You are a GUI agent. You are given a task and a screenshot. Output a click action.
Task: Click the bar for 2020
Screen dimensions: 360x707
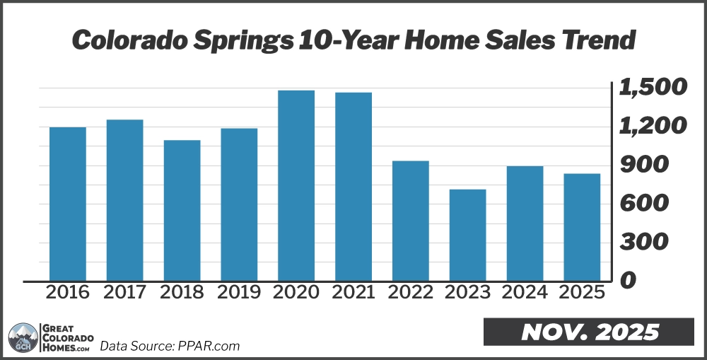[x=296, y=185]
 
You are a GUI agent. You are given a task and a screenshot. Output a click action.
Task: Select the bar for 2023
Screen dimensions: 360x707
[x=467, y=235]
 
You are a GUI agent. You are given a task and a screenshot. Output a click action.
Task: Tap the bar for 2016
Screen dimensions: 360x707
[x=68, y=204]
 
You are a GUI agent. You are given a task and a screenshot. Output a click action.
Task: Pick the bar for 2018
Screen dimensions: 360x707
[x=182, y=210]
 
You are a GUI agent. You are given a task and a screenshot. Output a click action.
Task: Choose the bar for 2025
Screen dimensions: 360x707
[x=582, y=227]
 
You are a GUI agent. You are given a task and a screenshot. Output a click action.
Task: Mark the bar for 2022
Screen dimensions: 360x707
[x=410, y=221]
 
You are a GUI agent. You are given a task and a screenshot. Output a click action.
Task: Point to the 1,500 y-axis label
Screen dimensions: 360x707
[x=653, y=88]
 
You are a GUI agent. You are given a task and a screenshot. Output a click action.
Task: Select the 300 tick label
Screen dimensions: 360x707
[x=643, y=242]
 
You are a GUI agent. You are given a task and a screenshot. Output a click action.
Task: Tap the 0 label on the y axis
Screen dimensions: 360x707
[x=627, y=281]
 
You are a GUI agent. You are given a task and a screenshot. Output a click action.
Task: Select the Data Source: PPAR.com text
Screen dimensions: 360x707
[x=170, y=346]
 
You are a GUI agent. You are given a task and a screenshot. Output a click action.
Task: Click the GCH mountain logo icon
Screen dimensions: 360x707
[x=23, y=338]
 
